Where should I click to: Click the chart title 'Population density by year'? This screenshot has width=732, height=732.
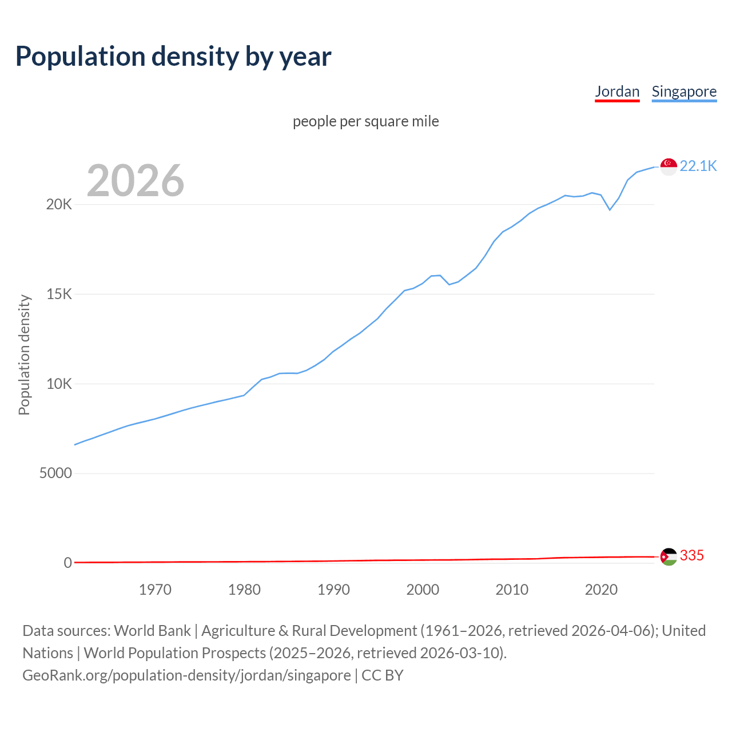[x=173, y=57]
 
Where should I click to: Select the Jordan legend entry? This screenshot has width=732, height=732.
[x=617, y=91]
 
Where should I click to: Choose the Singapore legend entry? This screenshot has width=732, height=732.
[x=684, y=91]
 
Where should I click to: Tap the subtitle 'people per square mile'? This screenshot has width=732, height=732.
[x=366, y=121]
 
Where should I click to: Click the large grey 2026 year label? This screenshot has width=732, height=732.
[x=136, y=181]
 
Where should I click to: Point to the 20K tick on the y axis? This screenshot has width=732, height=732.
[x=59, y=205]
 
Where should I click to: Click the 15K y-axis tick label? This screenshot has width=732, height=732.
[x=59, y=295]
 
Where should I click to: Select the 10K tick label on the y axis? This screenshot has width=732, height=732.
[x=59, y=384]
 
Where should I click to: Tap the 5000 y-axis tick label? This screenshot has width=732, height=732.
[x=55, y=474]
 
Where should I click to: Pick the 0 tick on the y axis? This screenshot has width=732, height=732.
[x=68, y=563]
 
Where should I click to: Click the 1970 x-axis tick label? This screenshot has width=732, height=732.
[x=155, y=590]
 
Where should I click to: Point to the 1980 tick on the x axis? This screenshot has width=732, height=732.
[x=244, y=590]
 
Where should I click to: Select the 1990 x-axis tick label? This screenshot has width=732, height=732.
[x=333, y=590]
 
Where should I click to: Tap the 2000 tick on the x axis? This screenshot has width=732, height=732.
[x=423, y=590]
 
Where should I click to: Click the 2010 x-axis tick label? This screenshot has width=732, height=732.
[x=512, y=590]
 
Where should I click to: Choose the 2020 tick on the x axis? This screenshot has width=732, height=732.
[x=601, y=590]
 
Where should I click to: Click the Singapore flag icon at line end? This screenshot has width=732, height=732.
[x=669, y=166]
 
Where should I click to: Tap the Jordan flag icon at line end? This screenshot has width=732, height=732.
[x=669, y=556]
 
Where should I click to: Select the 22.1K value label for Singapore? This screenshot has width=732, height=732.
[x=698, y=166]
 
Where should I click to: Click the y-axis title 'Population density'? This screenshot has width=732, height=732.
[x=24, y=355]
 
